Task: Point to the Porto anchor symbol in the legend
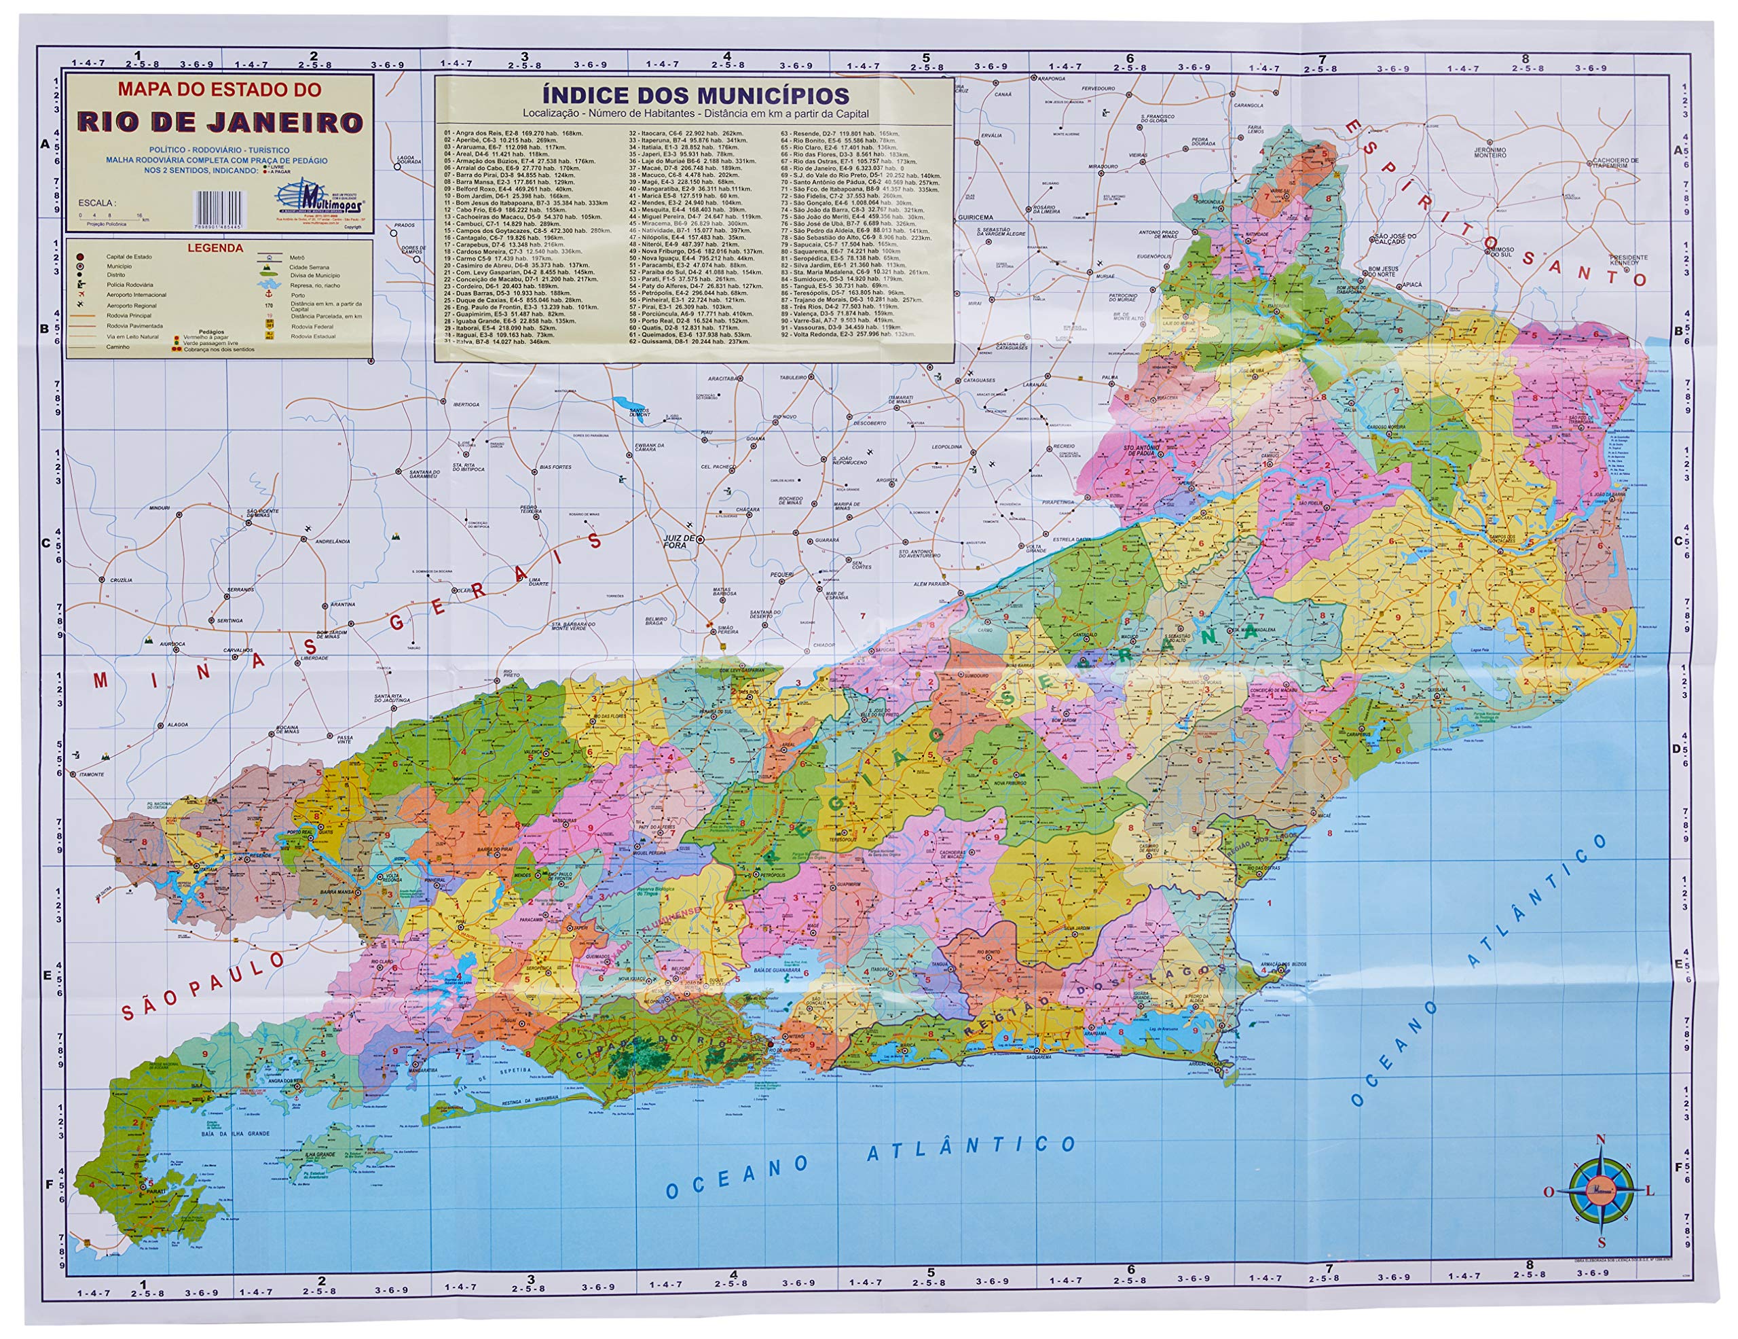(x=269, y=296)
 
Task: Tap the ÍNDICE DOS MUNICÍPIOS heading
(x=695, y=96)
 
